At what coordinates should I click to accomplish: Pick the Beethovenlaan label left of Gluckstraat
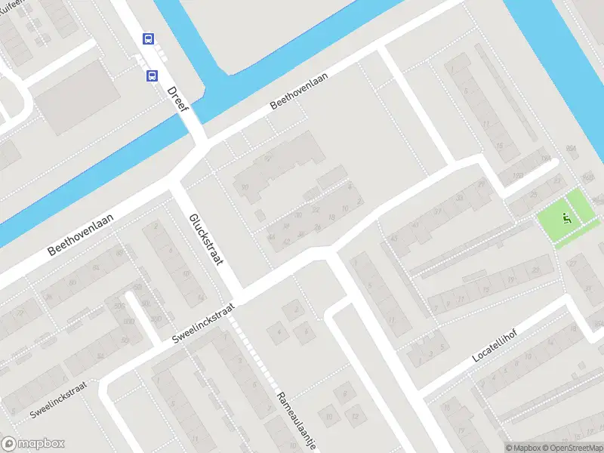pos(80,233)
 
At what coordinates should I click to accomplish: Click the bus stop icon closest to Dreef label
pos(153,75)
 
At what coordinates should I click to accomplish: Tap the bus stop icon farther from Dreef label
pos(147,39)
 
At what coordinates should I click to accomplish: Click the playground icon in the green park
pos(566,220)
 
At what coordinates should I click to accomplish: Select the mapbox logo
pos(33,444)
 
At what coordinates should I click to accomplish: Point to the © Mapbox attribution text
pos(521,448)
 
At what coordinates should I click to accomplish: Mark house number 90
pos(245,187)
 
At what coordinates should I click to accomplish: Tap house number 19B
pos(517,177)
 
